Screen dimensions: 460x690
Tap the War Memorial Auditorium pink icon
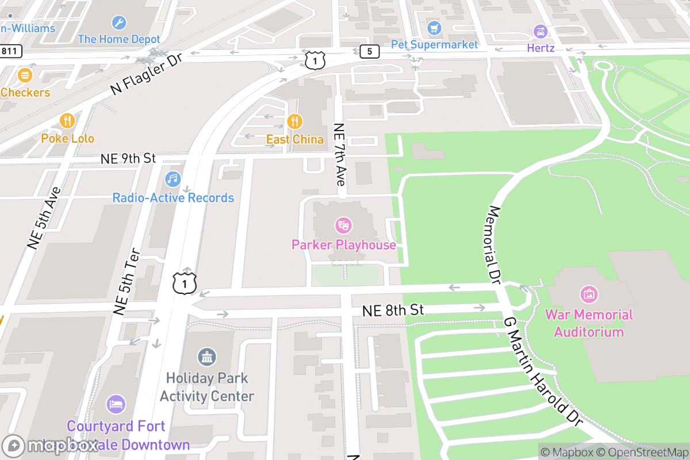point(588,294)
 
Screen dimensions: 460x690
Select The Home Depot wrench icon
point(119,22)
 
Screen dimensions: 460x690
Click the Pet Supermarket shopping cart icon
point(434,27)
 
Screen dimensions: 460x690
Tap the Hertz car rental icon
point(540,31)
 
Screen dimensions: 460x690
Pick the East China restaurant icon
point(294,121)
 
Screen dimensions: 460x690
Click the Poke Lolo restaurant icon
point(67,121)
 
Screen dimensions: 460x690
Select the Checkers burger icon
point(25,75)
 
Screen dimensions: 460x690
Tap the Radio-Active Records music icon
point(173,179)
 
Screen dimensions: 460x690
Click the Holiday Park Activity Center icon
point(207,357)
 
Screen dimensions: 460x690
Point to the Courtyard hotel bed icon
point(116,404)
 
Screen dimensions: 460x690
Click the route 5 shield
point(369,52)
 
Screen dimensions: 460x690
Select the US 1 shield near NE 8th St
point(185,283)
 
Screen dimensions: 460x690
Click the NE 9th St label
point(128,158)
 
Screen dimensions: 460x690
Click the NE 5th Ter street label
point(127,282)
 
